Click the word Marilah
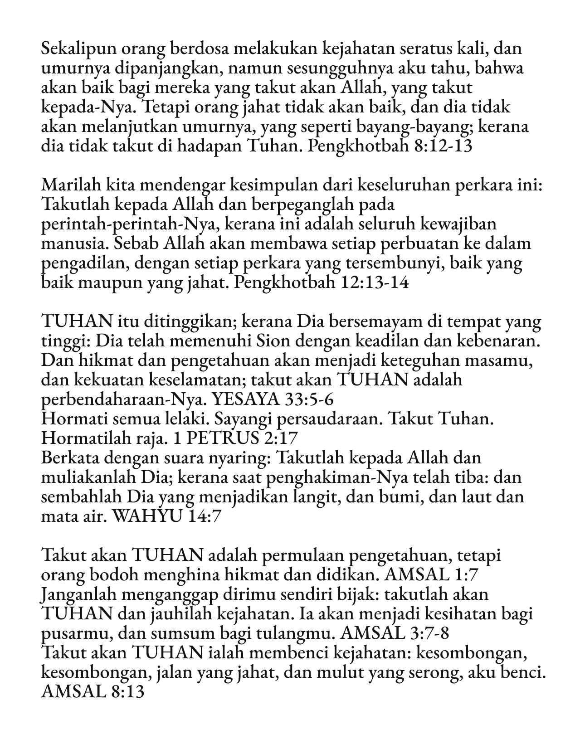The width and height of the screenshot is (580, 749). point(70,186)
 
